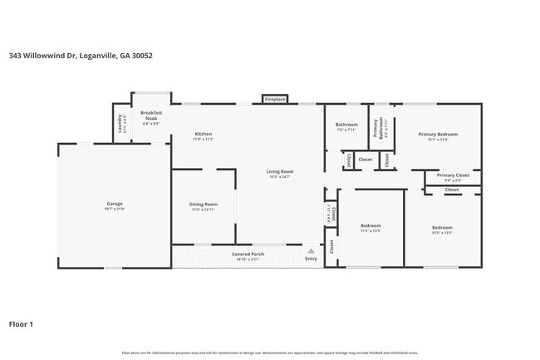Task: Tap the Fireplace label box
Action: (x=275, y=99)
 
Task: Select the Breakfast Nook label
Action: (x=150, y=116)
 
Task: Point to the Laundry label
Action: (x=120, y=125)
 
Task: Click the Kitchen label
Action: (x=204, y=134)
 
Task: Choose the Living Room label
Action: (x=281, y=171)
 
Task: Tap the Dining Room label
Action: (x=204, y=204)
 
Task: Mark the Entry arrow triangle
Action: (x=311, y=249)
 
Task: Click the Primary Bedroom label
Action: (x=438, y=134)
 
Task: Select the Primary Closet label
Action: (x=453, y=175)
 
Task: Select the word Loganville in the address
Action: (x=94, y=56)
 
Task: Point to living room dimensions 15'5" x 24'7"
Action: (x=281, y=176)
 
